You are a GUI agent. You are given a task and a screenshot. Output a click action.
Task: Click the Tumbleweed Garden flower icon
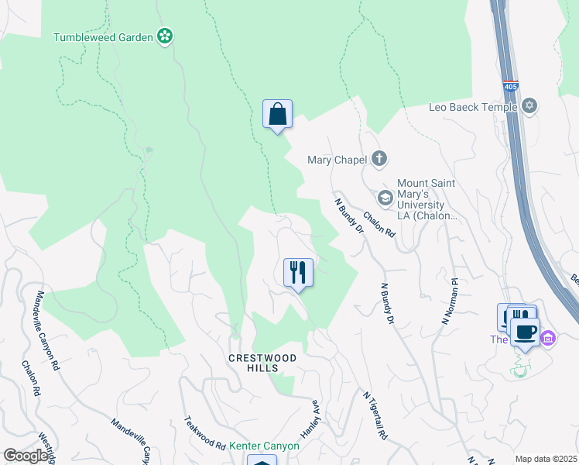[x=164, y=36]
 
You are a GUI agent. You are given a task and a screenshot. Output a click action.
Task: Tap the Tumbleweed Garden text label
[x=103, y=36]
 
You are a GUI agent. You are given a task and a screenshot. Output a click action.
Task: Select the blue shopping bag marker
[x=277, y=115]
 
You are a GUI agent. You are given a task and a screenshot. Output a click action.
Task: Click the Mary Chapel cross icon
[x=379, y=160]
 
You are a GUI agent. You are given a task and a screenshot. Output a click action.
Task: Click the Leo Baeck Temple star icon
[x=529, y=106]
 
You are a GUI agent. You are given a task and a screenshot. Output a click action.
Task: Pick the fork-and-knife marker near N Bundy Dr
[x=298, y=273]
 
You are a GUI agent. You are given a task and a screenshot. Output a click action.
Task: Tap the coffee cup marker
[x=525, y=332]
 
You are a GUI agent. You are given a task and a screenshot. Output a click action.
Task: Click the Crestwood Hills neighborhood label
[x=253, y=363]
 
